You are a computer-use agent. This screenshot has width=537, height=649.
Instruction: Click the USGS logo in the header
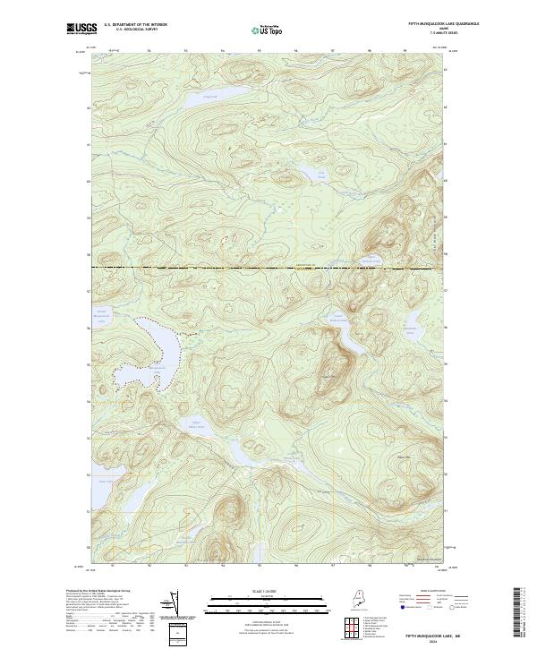click(x=81, y=30)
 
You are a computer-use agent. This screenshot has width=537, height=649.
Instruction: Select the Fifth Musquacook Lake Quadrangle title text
click(x=420, y=23)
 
